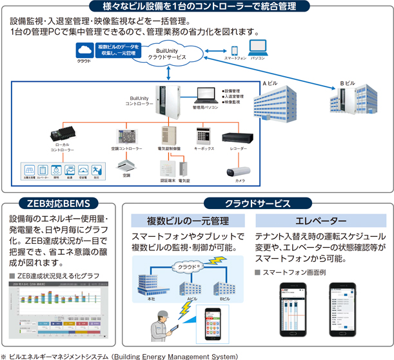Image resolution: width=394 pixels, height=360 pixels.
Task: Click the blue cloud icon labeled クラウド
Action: point(84,50)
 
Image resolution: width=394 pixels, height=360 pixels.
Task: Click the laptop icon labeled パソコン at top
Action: point(259,48)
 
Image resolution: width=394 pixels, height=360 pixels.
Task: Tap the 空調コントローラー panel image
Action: point(126,136)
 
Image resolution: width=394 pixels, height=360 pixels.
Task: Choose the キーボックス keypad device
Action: point(204,135)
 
